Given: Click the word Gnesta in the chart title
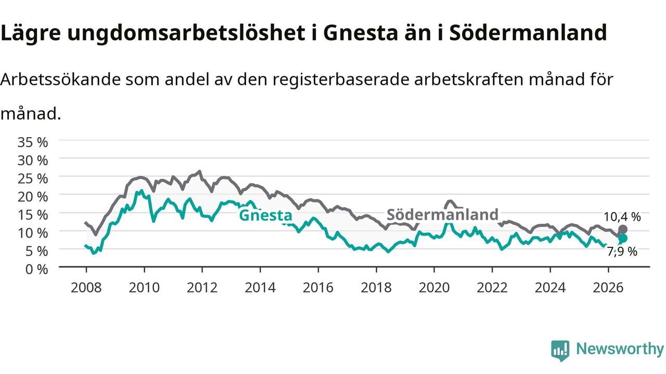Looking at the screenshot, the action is tap(361, 33).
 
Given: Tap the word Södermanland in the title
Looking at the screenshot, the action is tap(528, 32).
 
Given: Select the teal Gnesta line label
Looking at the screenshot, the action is tap(265, 215).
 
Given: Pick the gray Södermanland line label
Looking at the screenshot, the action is tap(442, 215).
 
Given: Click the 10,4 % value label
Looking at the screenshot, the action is tap(622, 217).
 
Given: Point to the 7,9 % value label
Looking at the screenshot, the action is tap(622, 252).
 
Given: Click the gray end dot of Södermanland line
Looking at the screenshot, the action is tap(623, 230).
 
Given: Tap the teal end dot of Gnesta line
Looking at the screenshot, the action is tap(623, 238).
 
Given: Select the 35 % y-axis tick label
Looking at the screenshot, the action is tap(33, 142).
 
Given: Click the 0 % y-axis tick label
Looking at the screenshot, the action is tap(36, 269).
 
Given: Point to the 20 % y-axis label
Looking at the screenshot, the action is tap(33, 197).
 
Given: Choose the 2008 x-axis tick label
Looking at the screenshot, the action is tap(86, 288).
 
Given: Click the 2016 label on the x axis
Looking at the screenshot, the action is tap(318, 288).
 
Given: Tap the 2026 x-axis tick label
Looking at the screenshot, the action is tap(608, 288).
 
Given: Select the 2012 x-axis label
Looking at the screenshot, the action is tap(202, 288).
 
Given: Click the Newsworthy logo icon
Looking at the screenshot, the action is tap(560, 351).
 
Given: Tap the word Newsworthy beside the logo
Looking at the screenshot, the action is tap(620, 349).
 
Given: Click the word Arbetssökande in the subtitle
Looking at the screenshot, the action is tap(60, 79).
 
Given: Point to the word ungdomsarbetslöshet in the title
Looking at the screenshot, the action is tap(186, 33).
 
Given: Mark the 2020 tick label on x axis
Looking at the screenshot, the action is tap(434, 288).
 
